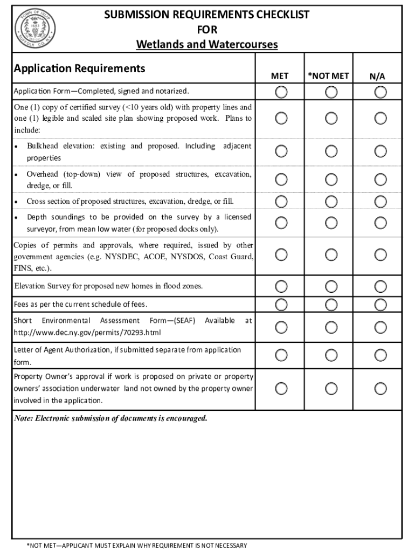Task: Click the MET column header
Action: pyautogui.click(x=280, y=76)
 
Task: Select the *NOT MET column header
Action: pyautogui.click(x=328, y=76)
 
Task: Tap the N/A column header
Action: pyautogui.click(x=377, y=77)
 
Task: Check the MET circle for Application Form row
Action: pyautogui.click(x=281, y=92)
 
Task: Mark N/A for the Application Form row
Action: pyautogui.click(x=381, y=92)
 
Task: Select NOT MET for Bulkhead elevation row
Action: pyautogui.click(x=331, y=151)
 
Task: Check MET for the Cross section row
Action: pyautogui.click(x=281, y=202)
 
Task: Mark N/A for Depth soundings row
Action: pyautogui.click(x=381, y=222)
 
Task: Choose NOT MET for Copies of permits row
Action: pyautogui.click(x=331, y=254)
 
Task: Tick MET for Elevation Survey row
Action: pyautogui.click(x=281, y=286)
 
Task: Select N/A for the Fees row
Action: pyautogui.click(x=381, y=305)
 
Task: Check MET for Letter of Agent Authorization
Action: pyautogui.click(x=281, y=355)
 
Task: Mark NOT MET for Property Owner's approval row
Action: pyautogui.click(x=331, y=389)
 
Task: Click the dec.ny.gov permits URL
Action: pyautogui.click(x=87, y=333)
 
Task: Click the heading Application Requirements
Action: pyautogui.click(x=79, y=68)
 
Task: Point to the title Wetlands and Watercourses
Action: pyautogui.click(x=207, y=44)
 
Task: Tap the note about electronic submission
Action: pyautogui.click(x=110, y=419)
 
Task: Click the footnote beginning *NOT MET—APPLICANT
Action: pyautogui.click(x=137, y=546)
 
